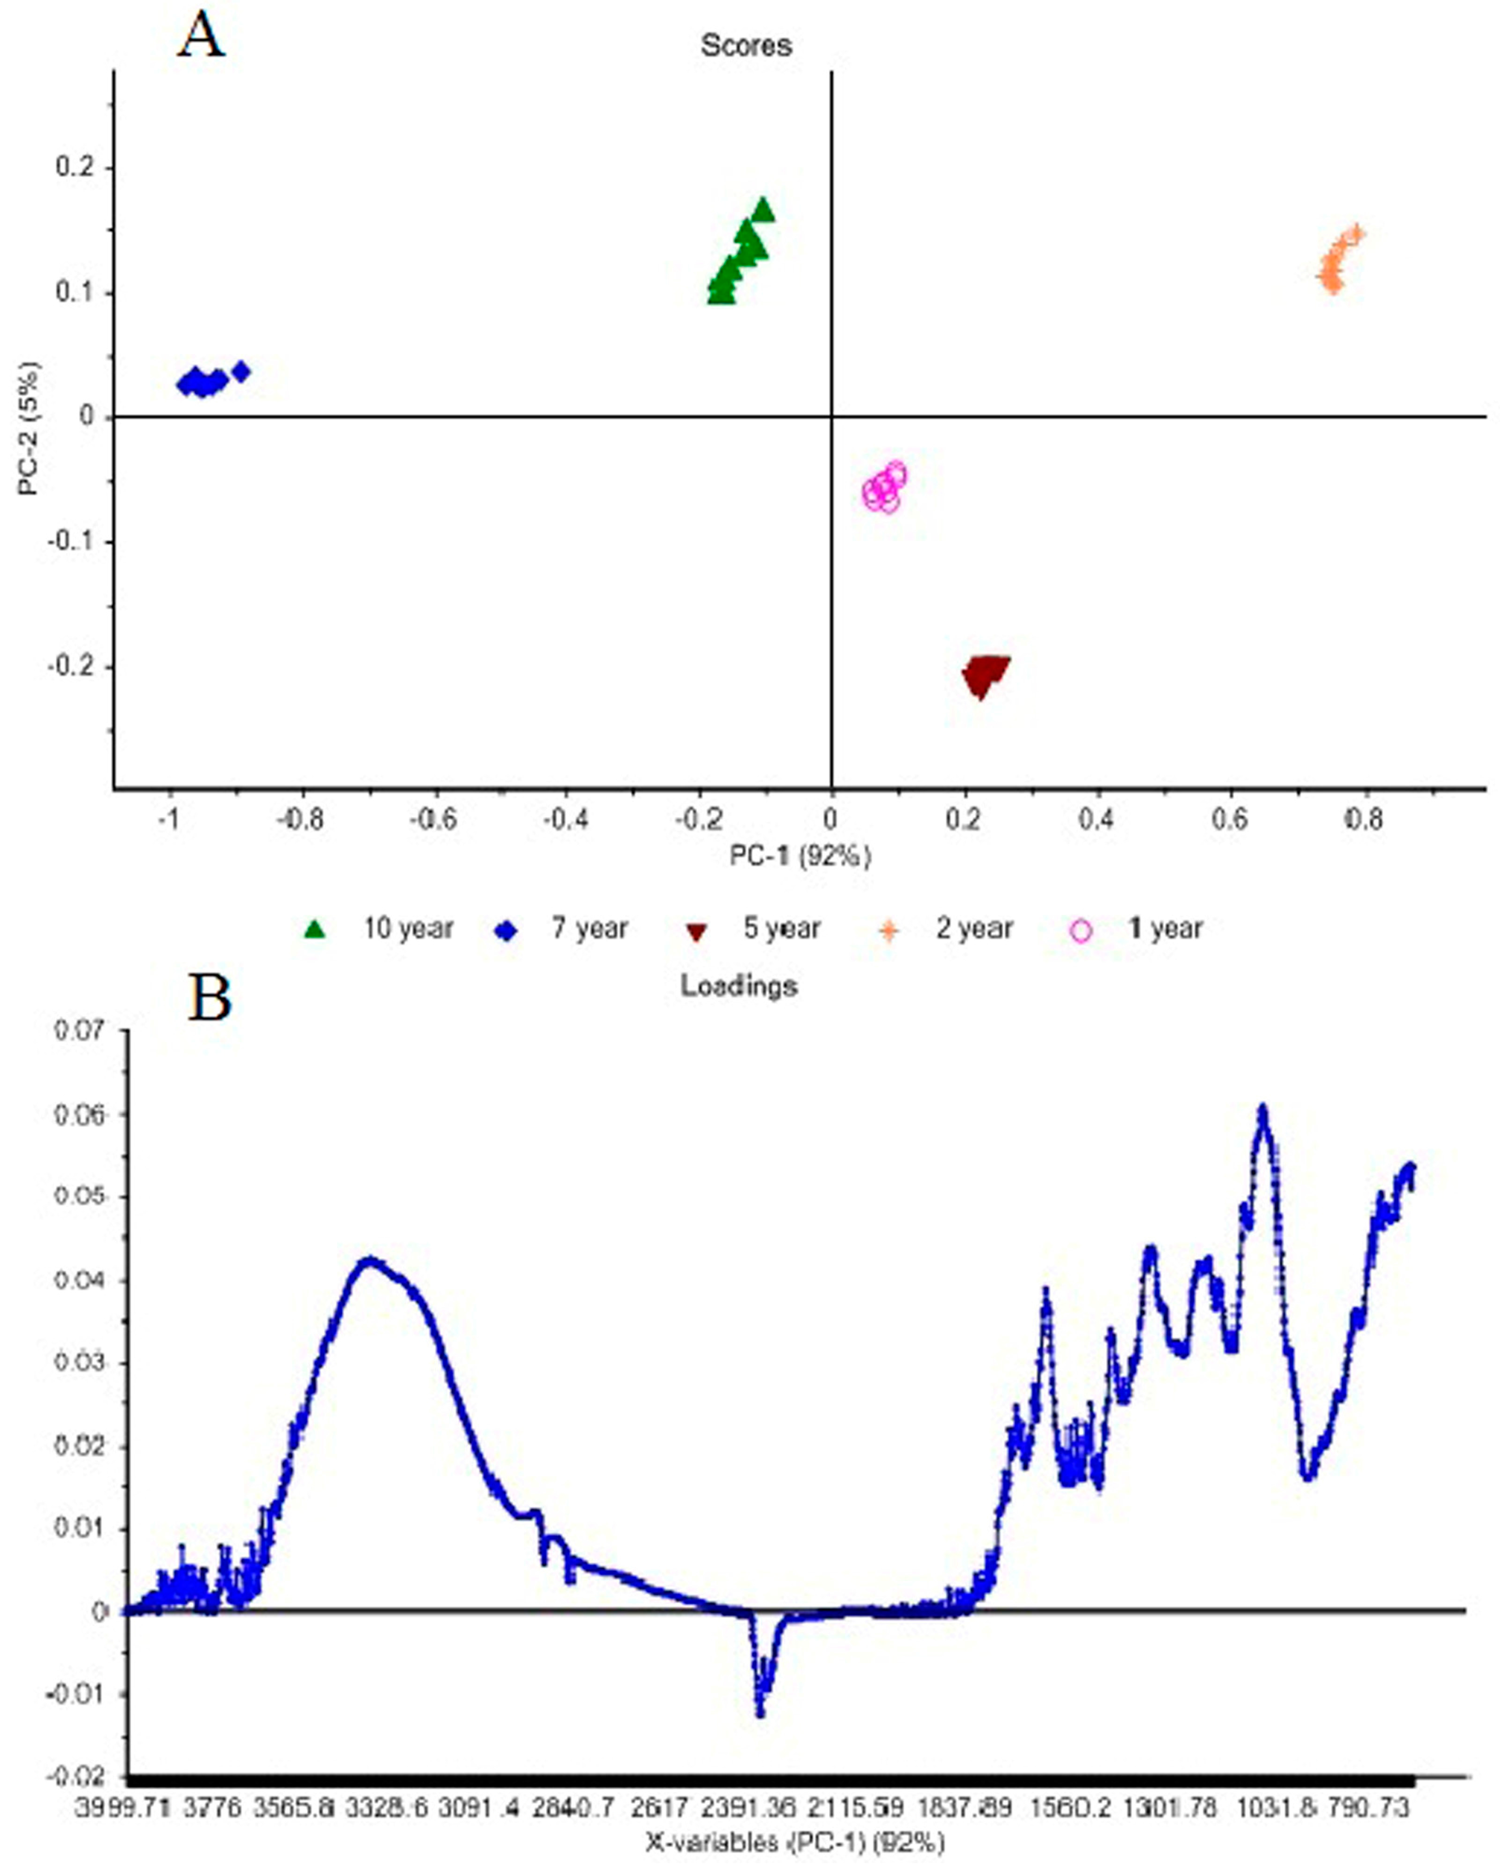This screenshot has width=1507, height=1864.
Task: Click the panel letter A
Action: pos(201,38)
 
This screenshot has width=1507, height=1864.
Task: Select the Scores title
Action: pos(746,45)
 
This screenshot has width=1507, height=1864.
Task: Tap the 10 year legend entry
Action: pos(382,929)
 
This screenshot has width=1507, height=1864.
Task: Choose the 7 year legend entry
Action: pos(564,929)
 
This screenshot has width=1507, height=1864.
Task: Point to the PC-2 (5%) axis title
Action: pos(30,429)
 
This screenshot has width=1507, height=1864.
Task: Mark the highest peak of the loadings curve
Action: pos(1263,1109)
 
